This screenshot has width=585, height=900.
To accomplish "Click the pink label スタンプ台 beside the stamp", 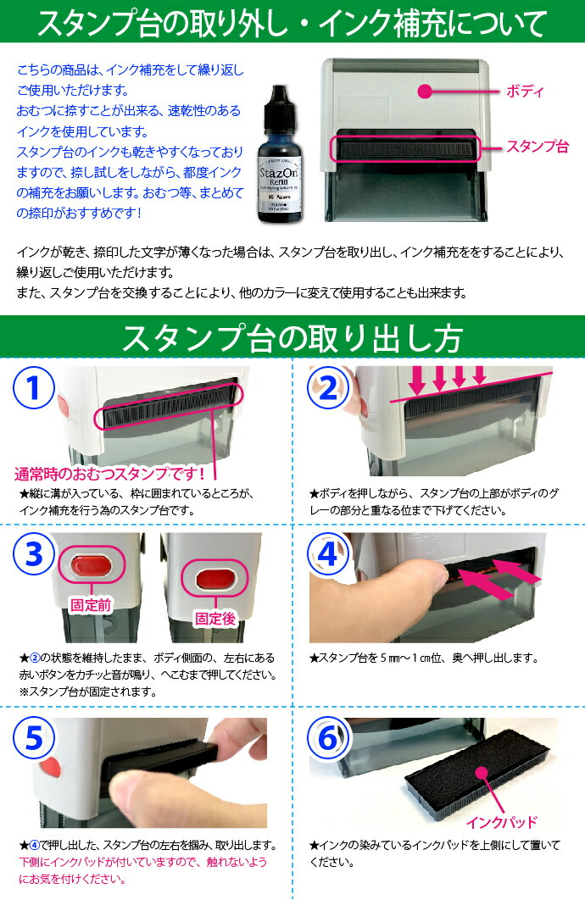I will click(x=538, y=146).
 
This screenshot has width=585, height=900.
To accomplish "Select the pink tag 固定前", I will click(x=89, y=606).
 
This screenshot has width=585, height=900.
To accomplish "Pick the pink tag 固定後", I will click(x=214, y=618).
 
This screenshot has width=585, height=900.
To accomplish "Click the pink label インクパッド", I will click(x=501, y=821).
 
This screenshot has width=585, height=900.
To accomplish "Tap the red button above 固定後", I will click(x=215, y=581).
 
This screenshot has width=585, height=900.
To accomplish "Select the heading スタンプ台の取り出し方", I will click(x=292, y=337).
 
